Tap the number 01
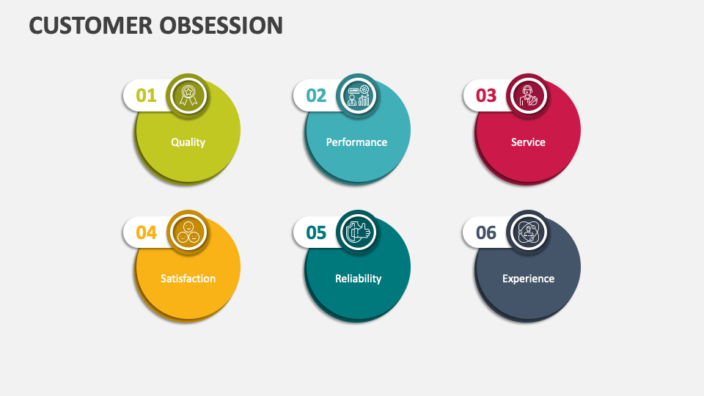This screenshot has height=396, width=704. (x=147, y=95)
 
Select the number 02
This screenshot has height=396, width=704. (x=316, y=95)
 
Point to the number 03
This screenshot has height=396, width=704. (x=486, y=95)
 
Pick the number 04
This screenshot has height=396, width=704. (x=147, y=232)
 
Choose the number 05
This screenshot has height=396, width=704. (x=316, y=232)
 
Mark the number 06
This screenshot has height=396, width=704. (x=486, y=232)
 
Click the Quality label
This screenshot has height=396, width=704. (x=188, y=142)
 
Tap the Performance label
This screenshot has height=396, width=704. (x=357, y=142)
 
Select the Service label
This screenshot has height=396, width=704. (x=528, y=142)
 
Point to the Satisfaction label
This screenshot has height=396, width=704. (x=188, y=279)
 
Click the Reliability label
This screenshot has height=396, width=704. (x=358, y=279)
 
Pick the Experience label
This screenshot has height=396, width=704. (x=528, y=279)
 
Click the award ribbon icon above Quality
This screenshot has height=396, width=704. (x=188, y=95)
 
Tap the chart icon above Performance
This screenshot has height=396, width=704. (x=358, y=95)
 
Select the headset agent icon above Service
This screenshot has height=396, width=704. (x=528, y=95)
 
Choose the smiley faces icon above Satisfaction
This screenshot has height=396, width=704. (x=188, y=232)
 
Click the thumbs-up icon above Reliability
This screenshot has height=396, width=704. (x=358, y=232)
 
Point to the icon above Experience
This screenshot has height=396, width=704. (x=528, y=232)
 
